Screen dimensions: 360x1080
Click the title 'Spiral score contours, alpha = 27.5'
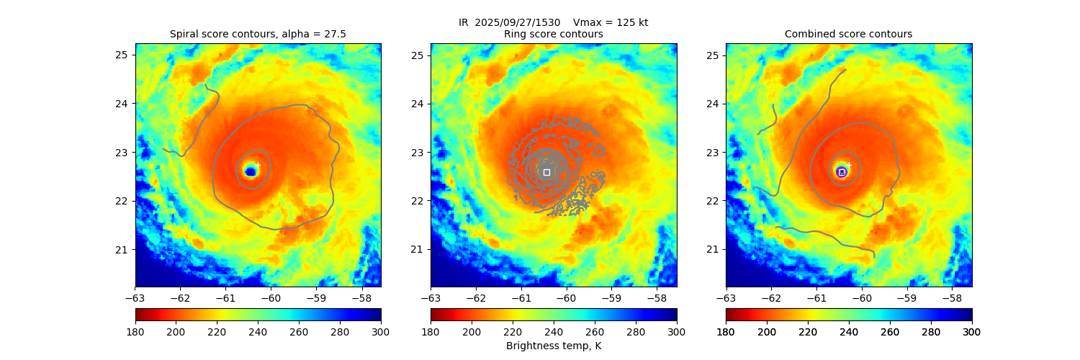click(258, 34)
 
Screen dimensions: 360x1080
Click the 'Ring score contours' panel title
click(553, 34)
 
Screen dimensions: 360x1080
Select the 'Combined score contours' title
click(848, 34)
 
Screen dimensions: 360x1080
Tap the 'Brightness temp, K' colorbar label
click(553, 346)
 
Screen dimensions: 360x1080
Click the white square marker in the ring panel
click(546, 172)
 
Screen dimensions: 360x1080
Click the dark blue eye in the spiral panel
click(251, 171)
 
